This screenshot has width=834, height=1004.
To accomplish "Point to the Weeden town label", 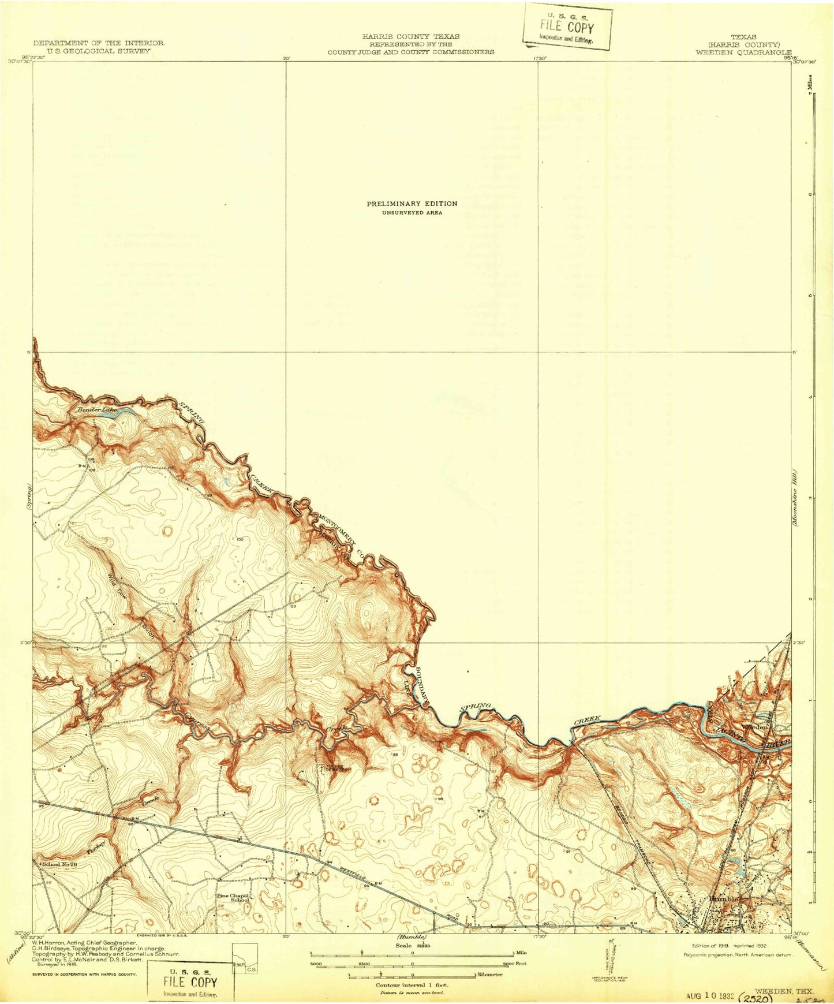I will [756, 727].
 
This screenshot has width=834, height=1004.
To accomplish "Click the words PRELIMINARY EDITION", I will [412, 203].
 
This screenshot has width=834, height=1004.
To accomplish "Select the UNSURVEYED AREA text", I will [412, 212].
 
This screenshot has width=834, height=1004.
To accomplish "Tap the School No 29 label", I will [59, 864].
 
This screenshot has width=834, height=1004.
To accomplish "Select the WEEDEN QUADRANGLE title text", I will [743, 51].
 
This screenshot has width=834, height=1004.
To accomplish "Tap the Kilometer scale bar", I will [412, 975].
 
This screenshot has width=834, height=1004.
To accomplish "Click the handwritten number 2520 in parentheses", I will [755, 997].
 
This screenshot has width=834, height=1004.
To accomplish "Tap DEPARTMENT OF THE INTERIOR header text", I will [99, 43].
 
